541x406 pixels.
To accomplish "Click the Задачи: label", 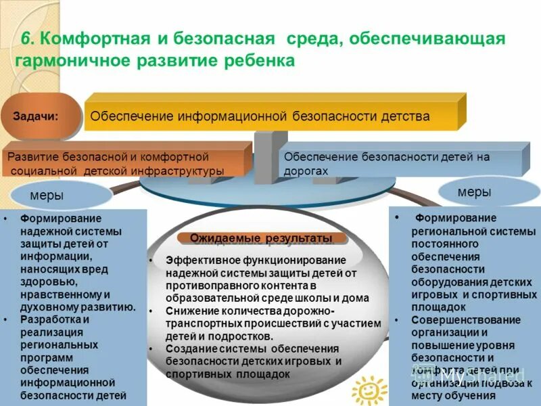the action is click(36, 116).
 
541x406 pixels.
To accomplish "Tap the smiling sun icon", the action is click(368, 390).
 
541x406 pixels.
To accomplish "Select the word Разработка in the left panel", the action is click(47, 319).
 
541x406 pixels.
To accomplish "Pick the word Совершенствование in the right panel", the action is click(460, 320).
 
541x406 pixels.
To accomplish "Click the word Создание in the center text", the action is click(187, 348).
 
